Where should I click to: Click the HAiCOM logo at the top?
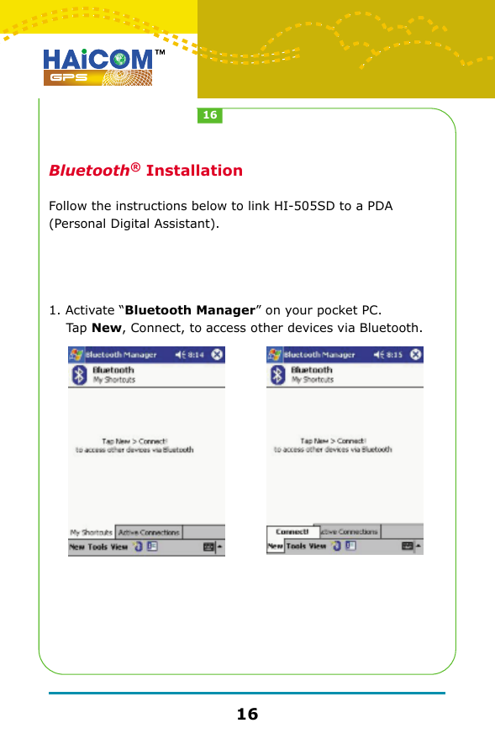tap(98, 66)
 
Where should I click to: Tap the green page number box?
tap(209, 115)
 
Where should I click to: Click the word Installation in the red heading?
tap(194, 171)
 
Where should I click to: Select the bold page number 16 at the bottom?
tap(247, 715)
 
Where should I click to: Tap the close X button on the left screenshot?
tap(218, 355)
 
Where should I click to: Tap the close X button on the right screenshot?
tap(416, 355)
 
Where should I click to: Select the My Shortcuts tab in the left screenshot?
tap(91, 532)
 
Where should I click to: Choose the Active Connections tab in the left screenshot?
tap(149, 532)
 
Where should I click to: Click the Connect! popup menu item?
tap(292, 531)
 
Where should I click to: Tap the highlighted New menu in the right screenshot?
tap(275, 546)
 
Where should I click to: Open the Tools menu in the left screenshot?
tap(99, 546)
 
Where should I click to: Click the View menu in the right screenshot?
tap(317, 546)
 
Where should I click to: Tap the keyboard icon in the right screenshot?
tap(408, 546)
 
